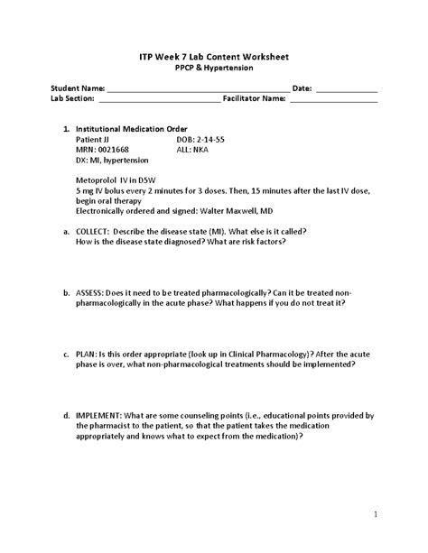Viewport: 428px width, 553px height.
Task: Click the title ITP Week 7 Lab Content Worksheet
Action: coord(214,57)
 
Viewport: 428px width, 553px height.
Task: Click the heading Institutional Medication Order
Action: coord(131,129)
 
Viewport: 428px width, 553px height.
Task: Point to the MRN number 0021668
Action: coord(111,150)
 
